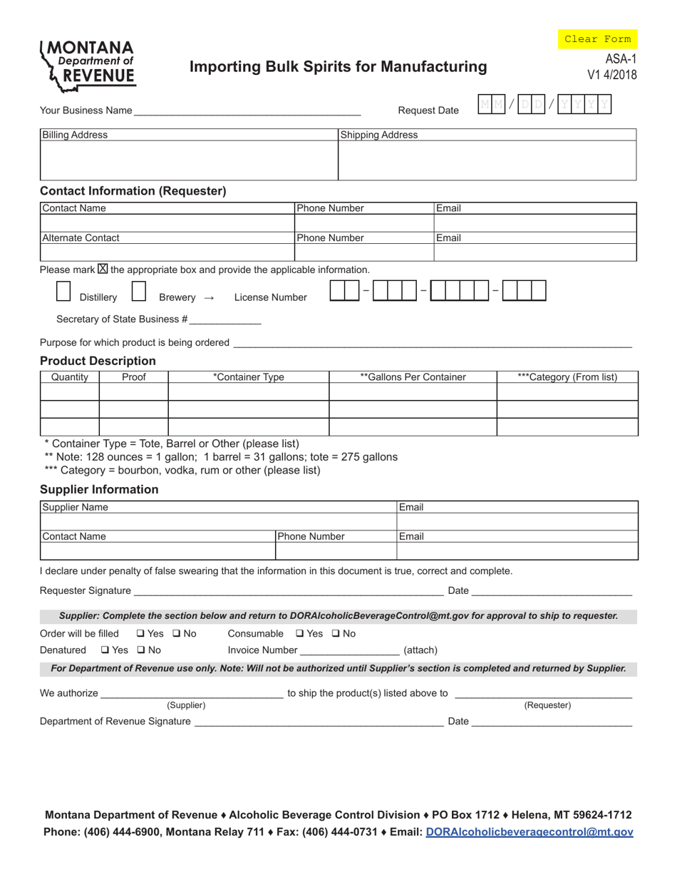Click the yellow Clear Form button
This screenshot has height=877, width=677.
click(597, 39)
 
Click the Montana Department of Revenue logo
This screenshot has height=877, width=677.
click(88, 66)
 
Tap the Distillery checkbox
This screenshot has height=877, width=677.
click(63, 292)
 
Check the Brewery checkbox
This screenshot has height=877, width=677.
click(139, 292)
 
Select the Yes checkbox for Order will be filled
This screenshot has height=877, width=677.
click(140, 634)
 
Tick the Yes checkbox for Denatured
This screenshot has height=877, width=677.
click(105, 650)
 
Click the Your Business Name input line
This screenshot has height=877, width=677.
click(247, 111)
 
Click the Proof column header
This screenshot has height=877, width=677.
click(133, 377)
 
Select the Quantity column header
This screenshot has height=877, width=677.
click(70, 377)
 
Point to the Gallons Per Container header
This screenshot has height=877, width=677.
click(413, 377)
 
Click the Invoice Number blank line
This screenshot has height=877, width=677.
click(349, 650)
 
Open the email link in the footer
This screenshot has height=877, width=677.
click(529, 832)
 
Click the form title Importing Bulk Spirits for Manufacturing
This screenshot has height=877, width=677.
click(338, 67)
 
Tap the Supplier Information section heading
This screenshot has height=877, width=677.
click(99, 489)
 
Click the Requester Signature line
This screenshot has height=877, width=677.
click(288, 591)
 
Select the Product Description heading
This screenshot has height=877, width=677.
click(98, 361)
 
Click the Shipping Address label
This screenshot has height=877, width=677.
click(379, 135)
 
